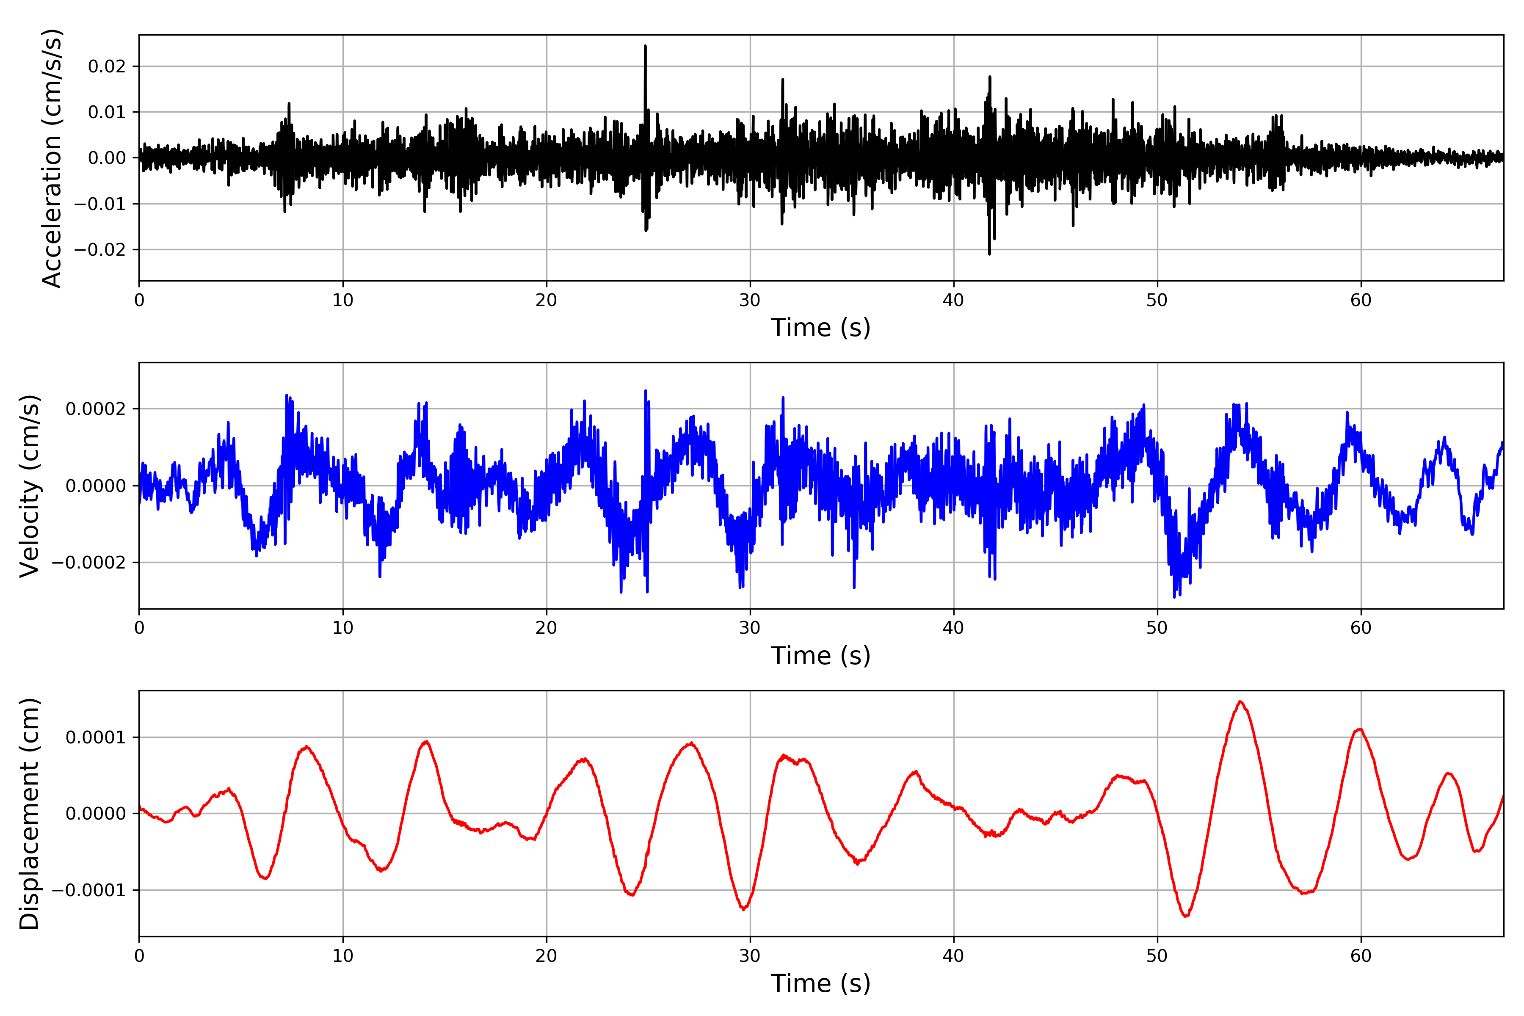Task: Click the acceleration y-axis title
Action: (x=52, y=157)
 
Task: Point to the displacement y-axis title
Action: (x=30, y=813)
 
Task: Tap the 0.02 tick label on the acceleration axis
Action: (x=107, y=67)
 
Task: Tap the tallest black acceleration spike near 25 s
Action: (x=645, y=47)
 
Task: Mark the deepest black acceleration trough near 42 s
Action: (x=989, y=253)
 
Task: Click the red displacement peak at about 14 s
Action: (x=426, y=742)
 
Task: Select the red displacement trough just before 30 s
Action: (x=744, y=909)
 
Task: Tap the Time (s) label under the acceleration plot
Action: (x=820, y=328)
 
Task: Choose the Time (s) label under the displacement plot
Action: (x=820, y=983)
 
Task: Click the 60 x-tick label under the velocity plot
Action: (x=1361, y=628)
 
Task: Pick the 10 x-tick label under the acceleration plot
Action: (x=343, y=300)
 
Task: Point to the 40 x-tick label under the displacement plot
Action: (x=953, y=956)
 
